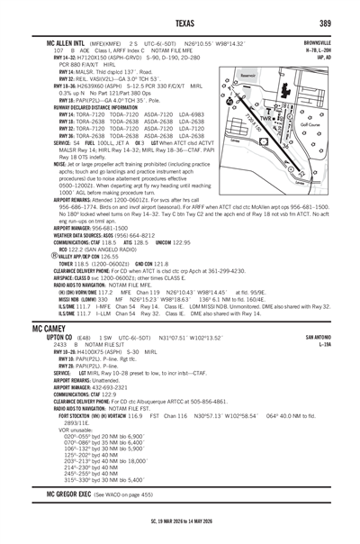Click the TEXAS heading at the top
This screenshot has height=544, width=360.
pyautogui.click(x=180, y=21)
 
